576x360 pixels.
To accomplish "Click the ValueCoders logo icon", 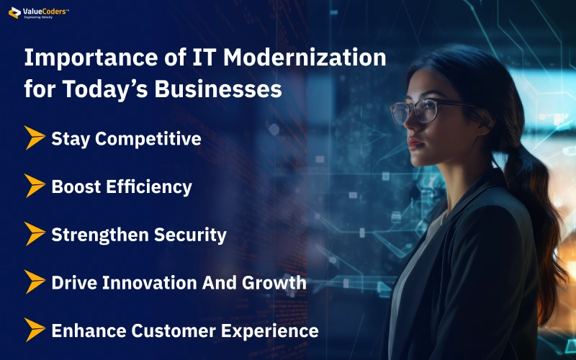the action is pyautogui.click(x=14, y=12).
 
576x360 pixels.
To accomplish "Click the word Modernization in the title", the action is pyautogui.click(x=305, y=58).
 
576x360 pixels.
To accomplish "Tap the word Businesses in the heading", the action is pyautogui.click(x=218, y=89).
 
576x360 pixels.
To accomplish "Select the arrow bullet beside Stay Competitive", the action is pyautogui.click(x=35, y=138).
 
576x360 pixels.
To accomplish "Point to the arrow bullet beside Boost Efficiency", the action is pyautogui.click(x=35, y=186).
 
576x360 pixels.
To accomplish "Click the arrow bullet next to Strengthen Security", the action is pyautogui.click(x=35, y=233).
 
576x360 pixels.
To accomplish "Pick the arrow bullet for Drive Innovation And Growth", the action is pyautogui.click(x=35, y=282).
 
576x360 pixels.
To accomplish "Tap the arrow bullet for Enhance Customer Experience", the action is pyautogui.click(x=35, y=330).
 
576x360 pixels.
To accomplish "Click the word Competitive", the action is pyautogui.click(x=148, y=139).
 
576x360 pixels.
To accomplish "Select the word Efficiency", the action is pyautogui.click(x=149, y=187).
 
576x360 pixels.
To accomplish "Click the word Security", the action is pyautogui.click(x=190, y=235).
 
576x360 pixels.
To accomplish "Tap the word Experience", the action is pyautogui.click(x=269, y=331).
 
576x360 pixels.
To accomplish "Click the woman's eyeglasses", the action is pyautogui.click(x=430, y=110).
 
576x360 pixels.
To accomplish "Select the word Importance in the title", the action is pyautogui.click(x=91, y=58).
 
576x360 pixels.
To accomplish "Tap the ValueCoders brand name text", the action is pyautogui.click(x=45, y=12).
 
